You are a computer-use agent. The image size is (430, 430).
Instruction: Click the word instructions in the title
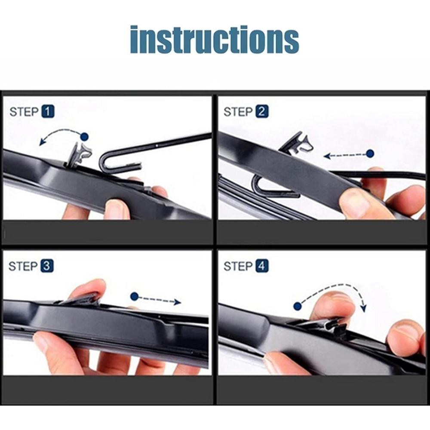(x=215, y=39)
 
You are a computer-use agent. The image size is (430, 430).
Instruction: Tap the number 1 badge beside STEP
(x=48, y=112)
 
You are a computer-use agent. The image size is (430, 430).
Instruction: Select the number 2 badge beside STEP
(x=262, y=112)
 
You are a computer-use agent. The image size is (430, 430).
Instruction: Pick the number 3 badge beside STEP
(x=47, y=266)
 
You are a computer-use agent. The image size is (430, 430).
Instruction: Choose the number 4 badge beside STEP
(x=262, y=266)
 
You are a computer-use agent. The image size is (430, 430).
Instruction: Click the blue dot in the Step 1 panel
(x=85, y=136)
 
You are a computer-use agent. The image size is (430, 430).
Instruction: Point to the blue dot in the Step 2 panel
(x=370, y=154)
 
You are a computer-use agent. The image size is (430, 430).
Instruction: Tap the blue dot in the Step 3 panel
(x=134, y=296)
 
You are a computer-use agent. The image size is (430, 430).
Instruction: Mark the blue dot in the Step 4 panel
(x=298, y=306)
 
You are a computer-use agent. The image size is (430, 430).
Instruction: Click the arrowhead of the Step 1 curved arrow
(x=42, y=142)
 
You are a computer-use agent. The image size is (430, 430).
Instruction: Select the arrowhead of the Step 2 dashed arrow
(x=327, y=156)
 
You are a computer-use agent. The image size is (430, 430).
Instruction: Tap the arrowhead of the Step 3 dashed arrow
(x=178, y=302)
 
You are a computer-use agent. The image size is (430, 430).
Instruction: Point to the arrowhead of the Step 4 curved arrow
(x=364, y=308)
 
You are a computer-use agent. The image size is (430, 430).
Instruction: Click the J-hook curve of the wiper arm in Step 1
(x=102, y=162)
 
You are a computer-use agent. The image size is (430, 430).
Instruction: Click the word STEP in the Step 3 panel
(x=23, y=266)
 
